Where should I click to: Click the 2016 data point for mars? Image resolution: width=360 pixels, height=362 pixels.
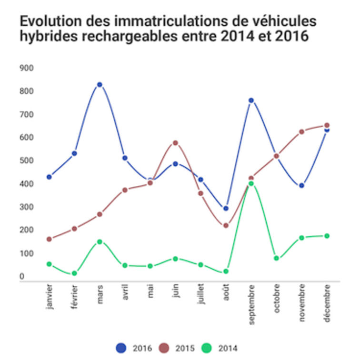click(x=100, y=85)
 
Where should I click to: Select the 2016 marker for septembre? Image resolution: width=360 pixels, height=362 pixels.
click(x=251, y=101)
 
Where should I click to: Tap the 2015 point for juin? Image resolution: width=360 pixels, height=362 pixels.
click(x=175, y=143)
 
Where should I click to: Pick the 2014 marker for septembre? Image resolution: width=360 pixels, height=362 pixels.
click(x=251, y=183)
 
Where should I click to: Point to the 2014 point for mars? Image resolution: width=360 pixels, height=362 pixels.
click(x=100, y=241)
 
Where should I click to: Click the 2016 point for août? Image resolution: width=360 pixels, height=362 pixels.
click(x=226, y=208)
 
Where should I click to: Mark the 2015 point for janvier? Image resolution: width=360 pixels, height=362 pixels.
click(x=49, y=239)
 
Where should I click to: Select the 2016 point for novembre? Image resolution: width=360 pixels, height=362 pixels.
click(x=301, y=185)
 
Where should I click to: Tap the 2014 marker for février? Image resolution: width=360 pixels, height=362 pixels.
click(x=74, y=273)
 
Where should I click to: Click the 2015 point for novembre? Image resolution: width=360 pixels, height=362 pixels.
click(x=301, y=131)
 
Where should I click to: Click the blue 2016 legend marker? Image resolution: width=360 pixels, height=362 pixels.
click(x=121, y=348)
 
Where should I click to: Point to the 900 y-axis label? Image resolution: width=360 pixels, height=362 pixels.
click(x=27, y=68)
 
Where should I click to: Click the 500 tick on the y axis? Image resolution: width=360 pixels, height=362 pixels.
click(x=27, y=161)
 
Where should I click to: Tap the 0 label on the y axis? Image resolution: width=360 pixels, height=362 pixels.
click(x=22, y=276)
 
